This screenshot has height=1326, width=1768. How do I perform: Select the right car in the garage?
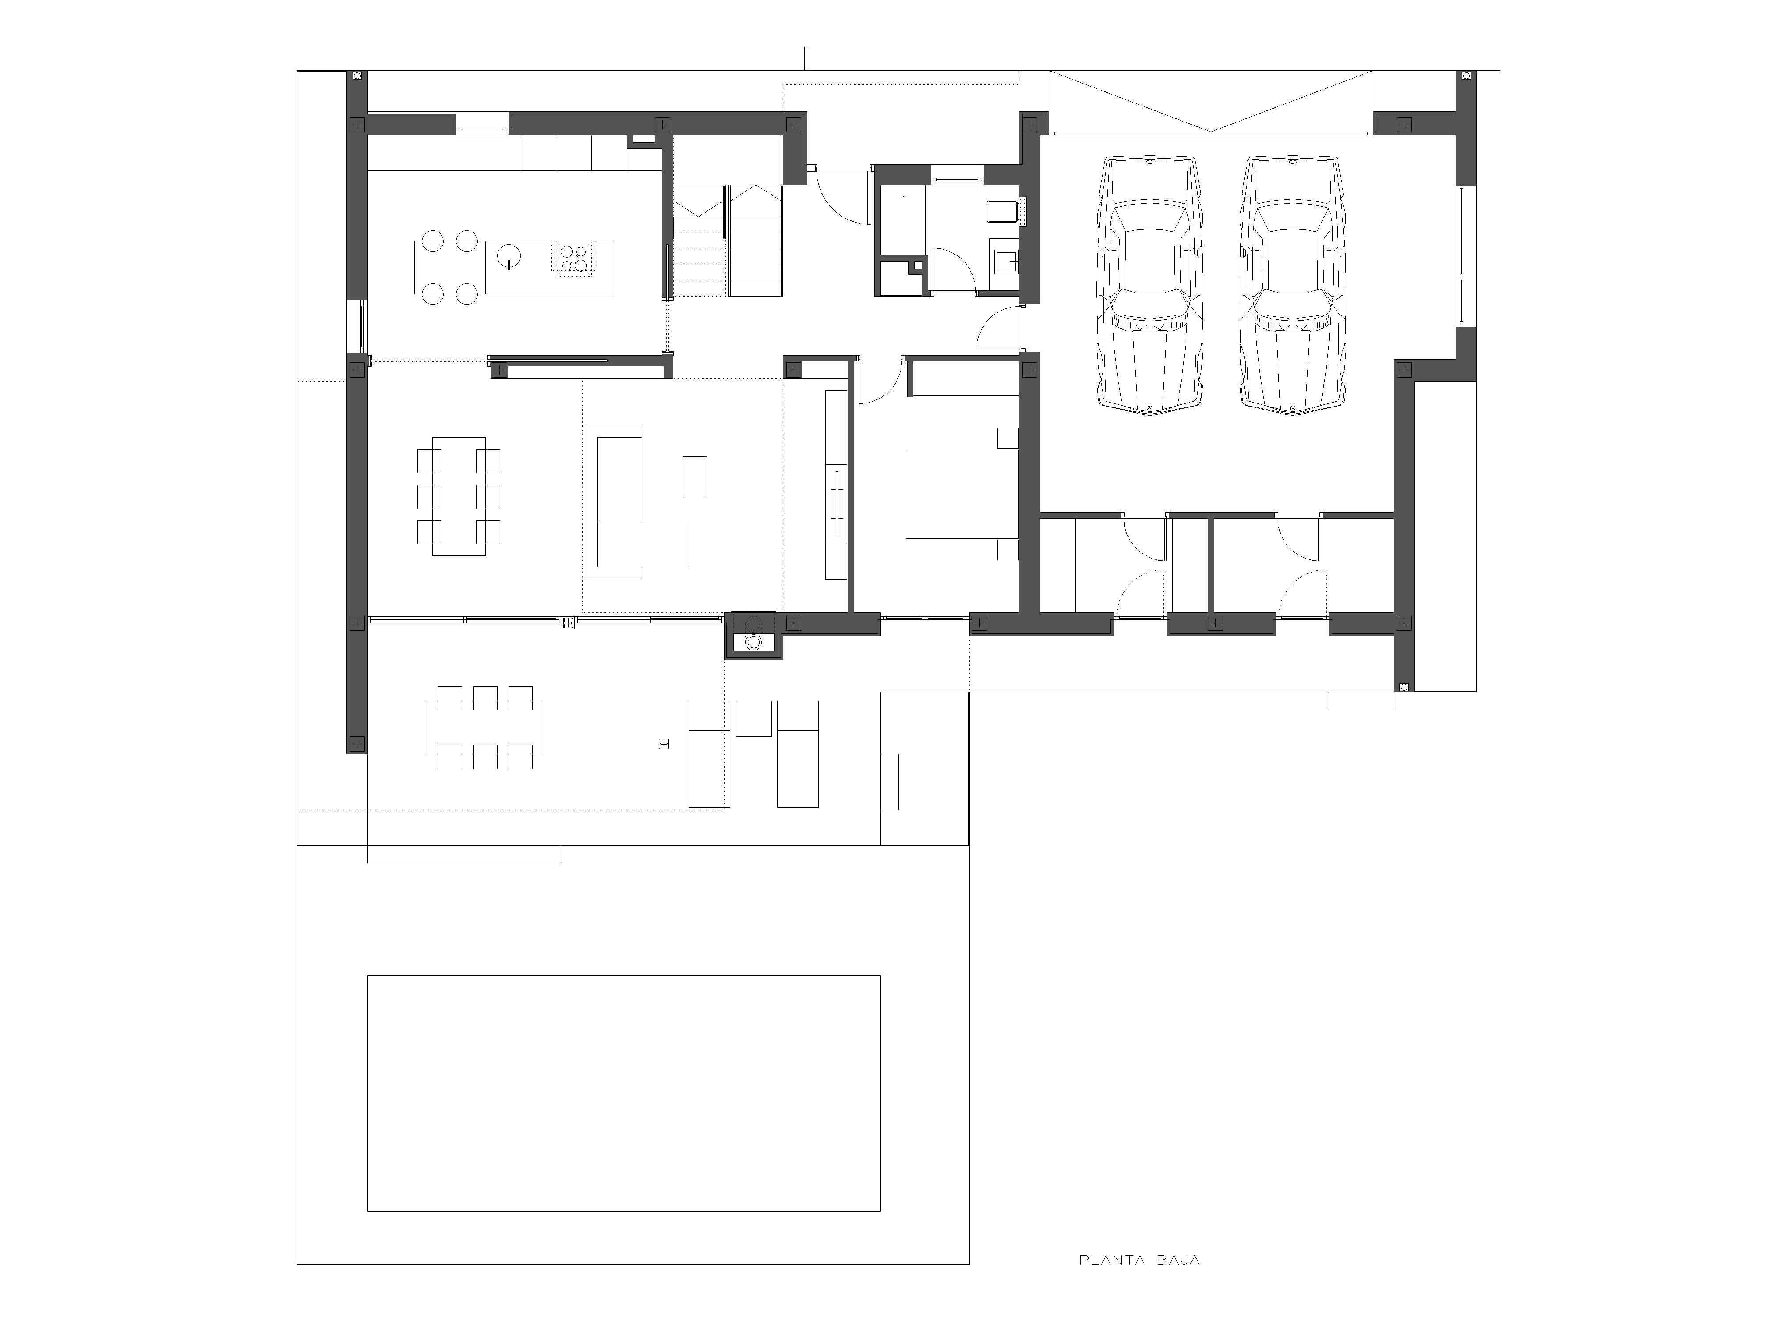pos(1293,285)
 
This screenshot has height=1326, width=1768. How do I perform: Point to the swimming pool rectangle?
pos(624,1093)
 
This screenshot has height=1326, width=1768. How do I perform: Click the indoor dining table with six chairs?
pos(459,496)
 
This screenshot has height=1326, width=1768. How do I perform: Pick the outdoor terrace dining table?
pos(485,726)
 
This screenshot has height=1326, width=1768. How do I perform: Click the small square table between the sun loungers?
pos(753,718)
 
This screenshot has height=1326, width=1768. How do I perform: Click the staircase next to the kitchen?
pos(726,240)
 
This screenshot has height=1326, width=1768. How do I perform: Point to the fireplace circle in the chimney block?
pos(753,641)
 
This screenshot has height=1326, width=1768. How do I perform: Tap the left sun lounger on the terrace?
pos(710,754)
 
